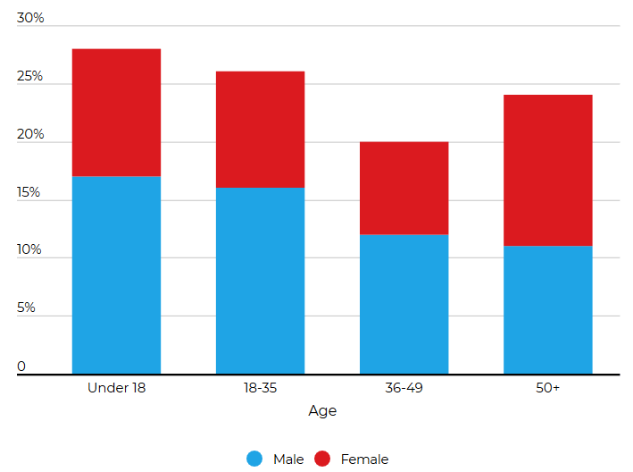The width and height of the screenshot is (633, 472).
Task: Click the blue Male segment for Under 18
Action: (x=116, y=274)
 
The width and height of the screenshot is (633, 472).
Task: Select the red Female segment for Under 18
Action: (x=116, y=113)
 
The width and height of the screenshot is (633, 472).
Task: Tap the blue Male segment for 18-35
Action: (x=260, y=280)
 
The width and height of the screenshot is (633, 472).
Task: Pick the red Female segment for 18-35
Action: (x=260, y=130)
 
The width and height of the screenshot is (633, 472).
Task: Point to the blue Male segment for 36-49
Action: (x=404, y=304)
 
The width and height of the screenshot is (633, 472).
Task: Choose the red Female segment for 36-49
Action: (x=404, y=188)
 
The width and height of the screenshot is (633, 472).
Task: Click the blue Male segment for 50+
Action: (x=547, y=309)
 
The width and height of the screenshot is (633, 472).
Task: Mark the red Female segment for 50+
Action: (x=547, y=170)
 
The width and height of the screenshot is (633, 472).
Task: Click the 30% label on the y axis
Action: (x=30, y=19)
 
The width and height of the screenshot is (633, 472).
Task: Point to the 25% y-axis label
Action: (x=30, y=77)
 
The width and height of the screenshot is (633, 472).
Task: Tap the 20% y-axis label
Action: (x=30, y=135)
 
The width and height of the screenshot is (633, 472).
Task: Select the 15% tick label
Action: (x=29, y=192)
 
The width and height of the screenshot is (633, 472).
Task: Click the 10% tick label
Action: (x=29, y=250)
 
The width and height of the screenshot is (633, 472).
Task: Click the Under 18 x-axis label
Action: (x=116, y=388)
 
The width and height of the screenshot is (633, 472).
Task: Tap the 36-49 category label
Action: (x=404, y=388)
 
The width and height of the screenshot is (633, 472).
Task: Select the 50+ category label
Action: (x=547, y=388)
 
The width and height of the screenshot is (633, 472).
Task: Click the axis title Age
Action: (x=322, y=411)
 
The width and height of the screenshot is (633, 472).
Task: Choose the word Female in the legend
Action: (x=364, y=459)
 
